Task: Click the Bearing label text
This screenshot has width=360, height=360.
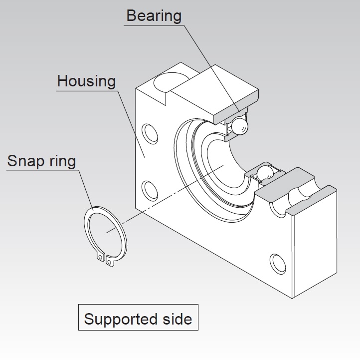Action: (154, 15)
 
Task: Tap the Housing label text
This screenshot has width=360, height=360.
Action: (86, 81)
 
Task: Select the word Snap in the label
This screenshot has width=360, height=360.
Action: (25, 161)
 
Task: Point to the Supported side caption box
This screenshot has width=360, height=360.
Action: (138, 318)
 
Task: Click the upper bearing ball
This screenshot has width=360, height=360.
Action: (240, 126)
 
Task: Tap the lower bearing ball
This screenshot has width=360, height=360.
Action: (265, 173)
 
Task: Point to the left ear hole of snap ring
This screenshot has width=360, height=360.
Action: (101, 258)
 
